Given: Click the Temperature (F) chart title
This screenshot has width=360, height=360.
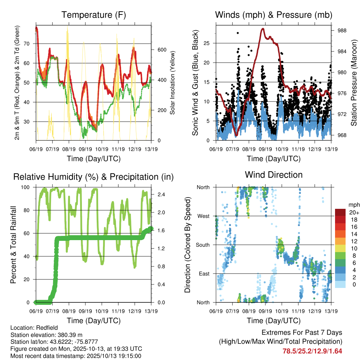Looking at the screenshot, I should pyautogui.click(x=94, y=15).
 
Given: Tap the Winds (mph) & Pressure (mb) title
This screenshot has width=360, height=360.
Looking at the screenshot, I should pyautogui.click(x=274, y=15).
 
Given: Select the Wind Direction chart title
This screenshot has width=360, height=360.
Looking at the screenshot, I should pyautogui.click(x=274, y=175).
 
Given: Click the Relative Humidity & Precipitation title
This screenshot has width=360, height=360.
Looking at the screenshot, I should pyautogui.click(x=94, y=177).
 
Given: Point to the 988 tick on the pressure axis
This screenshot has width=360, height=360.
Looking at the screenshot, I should pyautogui.click(x=340, y=31).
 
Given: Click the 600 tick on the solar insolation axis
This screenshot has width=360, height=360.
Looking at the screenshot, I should pyautogui.click(x=161, y=50).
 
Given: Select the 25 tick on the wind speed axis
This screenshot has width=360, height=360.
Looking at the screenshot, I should pyautogui.click(x=209, y=43).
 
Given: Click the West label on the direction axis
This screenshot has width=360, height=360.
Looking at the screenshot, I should pyautogui.click(x=203, y=216).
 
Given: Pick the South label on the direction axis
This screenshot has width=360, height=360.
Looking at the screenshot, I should pyautogui.click(x=202, y=245).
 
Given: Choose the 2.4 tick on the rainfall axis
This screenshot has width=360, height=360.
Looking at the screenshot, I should pyautogui.click(x=161, y=194).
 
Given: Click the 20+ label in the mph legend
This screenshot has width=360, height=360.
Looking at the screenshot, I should pyautogui.click(x=353, y=212).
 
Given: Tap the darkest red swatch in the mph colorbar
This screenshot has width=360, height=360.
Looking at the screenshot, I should pyautogui.click(x=340, y=212).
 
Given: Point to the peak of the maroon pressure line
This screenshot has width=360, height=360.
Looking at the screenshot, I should pyautogui.click(x=263, y=29).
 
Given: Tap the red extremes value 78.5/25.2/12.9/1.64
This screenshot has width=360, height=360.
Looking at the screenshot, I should pyautogui.click(x=312, y=351).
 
